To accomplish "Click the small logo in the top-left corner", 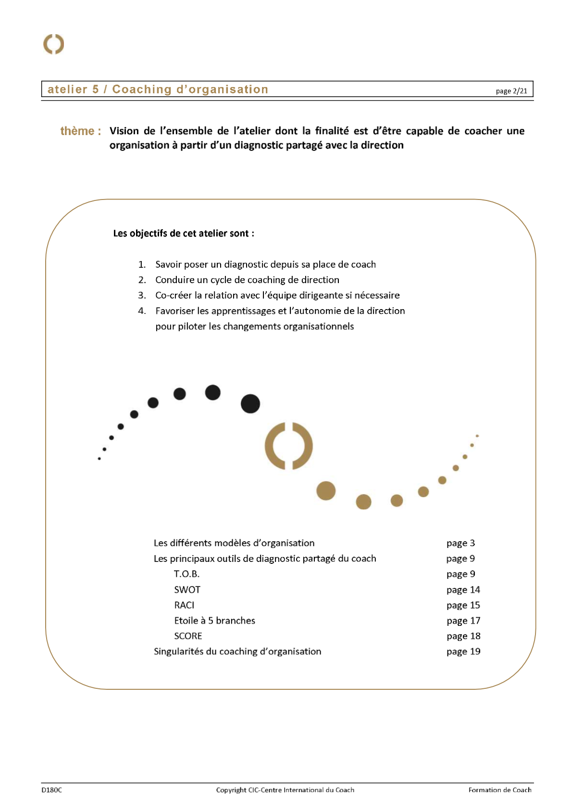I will click(53, 44).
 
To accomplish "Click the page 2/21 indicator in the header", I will click(511, 91).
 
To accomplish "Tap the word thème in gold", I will click(77, 131).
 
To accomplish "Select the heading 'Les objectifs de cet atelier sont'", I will click(184, 234).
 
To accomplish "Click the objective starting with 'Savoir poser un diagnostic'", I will click(265, 264).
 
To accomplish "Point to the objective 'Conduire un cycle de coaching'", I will click(247, 280).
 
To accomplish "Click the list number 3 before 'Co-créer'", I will click(142, 295).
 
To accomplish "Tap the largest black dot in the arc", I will click(250, 404).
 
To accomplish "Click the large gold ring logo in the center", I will click(288, 446).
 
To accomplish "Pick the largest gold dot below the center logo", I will click(326, 491).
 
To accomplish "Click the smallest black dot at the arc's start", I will click(99, 459).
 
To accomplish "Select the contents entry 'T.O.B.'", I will click(187, 574).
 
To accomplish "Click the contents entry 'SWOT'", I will click(187, 590).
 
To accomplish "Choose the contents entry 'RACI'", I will click(184, 605).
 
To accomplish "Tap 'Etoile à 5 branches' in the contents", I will click(214, 621).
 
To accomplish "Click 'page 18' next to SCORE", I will click(463, 636).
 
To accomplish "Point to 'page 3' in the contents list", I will click(460, 543).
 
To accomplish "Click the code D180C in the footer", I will click(51, 790).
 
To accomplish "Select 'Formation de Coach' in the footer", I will click(499, 790).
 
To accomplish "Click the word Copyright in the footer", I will click(231, 790).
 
